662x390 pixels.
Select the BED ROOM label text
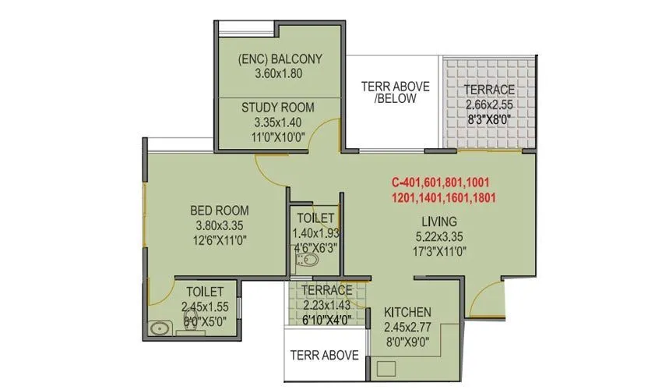tap(220, 210)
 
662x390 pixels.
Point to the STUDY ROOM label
tap(277, 107)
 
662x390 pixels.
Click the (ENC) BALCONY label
tap(278, 58)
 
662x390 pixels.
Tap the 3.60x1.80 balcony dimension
tap(278, 74)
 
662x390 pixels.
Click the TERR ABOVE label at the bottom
tap(324, 355)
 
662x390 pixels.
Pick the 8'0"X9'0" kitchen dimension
tap(407, 342)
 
